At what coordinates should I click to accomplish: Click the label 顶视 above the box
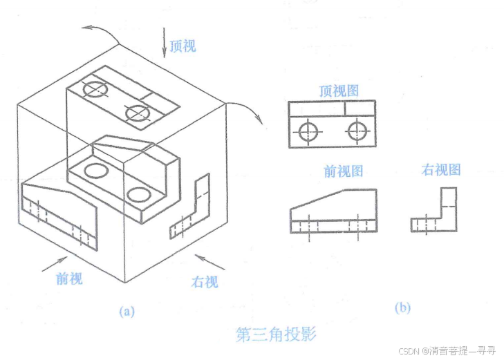(183, 46)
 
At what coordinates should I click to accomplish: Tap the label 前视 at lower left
(69, 279)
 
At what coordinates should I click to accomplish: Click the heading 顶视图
(339, 91)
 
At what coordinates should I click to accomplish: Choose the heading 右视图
(440, 170)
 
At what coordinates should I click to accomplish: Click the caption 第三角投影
(275, 335)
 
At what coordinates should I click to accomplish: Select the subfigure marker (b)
(402, 308)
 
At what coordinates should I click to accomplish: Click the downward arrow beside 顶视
(165, 41)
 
